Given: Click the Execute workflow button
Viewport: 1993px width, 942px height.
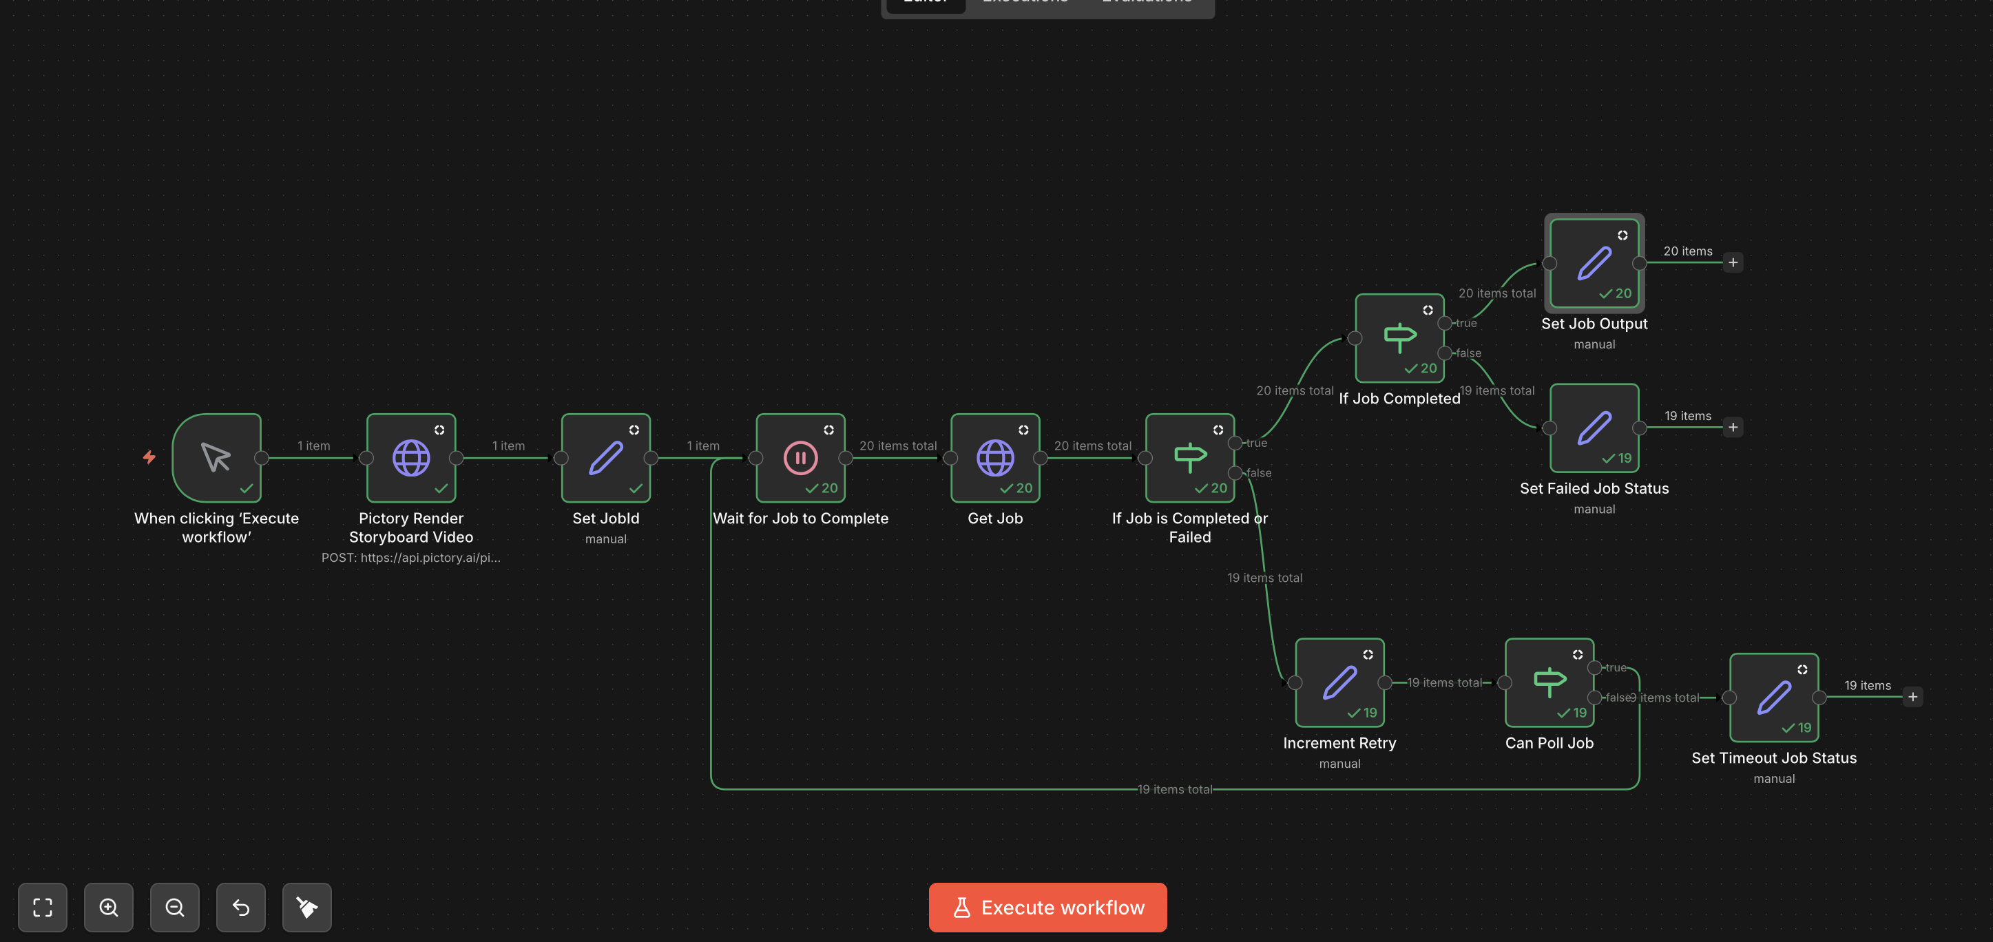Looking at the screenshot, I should pyautogui.click(x=1047, y=907).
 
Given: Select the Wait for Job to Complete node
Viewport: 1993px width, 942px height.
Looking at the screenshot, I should pyautogui.click(x=800, y=458).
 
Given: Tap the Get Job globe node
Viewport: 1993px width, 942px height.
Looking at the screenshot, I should pyautogui.click(x=995, y=458).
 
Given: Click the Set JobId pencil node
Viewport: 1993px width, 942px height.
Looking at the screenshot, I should pyautogui.click(x=606, y=458).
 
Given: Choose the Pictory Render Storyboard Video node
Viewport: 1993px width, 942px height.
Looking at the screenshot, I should pyautogui.click(x=411, y=458).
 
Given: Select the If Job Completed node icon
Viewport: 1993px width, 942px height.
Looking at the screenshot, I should pyautogui.click(x=1399, y=338).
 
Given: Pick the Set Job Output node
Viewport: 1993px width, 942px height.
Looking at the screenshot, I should pyautogui.click(x=1594, y=263).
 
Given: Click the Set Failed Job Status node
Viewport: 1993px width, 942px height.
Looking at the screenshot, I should pyautogui.click(x=1594, y=428).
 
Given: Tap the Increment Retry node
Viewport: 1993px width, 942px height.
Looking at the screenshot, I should pyautogui.click(x=1339, y=682).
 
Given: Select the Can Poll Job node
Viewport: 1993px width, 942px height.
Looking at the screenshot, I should pyautogui.click(x=1549, y=682).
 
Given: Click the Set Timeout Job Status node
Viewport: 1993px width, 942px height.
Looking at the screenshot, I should pyautogui.click(x=1773, y=697).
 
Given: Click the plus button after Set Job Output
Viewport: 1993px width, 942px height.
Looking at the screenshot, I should pyautogui.click(x=1733, y=263).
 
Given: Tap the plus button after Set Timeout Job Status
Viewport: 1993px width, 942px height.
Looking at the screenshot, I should pyautogui.click(x=1912, y=697).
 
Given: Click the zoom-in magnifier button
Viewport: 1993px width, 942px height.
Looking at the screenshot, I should pyautogui.click(x=108, y=907).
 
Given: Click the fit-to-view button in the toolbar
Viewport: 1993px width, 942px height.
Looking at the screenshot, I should pyautogui.click(x=43, y=907).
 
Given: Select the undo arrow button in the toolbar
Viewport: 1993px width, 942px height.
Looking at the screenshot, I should pyautogui.click(x=240, y=907).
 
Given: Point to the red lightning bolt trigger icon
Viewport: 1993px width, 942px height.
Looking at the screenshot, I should pyautogui.click(x=149, y=457).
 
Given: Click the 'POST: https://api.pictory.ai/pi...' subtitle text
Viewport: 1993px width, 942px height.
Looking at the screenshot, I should pyautogui.click(x=411, y=558).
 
